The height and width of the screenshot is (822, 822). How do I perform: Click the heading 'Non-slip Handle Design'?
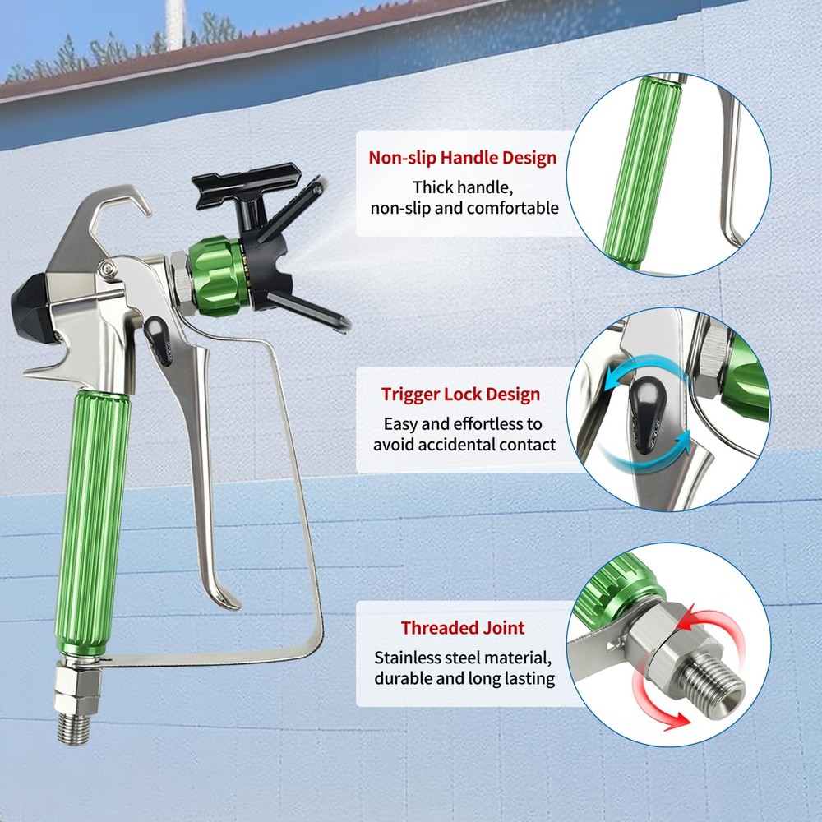point(462,158)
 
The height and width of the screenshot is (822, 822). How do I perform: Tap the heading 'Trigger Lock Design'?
point(461,395)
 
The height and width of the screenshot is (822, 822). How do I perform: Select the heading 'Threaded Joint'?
point(463,627)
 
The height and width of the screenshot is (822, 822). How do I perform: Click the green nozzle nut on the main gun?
point(215,277)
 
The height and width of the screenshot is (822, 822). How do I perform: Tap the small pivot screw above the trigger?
point(108,269)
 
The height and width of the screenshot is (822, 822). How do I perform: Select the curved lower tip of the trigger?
point(223,598)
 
